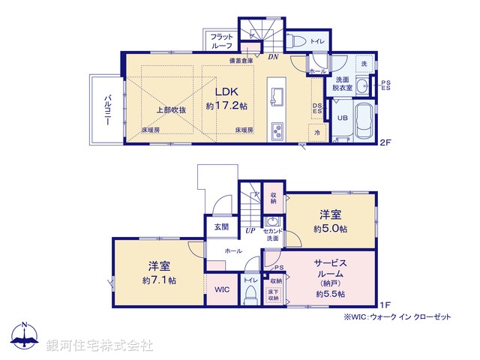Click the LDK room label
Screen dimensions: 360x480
[226, 91]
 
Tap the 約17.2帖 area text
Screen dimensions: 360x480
[226, 106]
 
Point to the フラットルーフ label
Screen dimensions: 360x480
[221, 40]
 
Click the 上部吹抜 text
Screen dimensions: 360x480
[170, 110]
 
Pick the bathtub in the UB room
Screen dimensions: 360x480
[364, 120]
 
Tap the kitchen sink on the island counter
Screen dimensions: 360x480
[275, 96]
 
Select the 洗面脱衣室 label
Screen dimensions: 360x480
[343, 83]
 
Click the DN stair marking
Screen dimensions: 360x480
[274, 55]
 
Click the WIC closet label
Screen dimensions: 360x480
[221, 289]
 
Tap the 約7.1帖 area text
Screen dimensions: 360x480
[159, 280]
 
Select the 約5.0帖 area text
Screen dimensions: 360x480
[331, 228]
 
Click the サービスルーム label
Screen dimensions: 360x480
[330, 268]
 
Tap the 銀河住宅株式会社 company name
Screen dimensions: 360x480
[99, 345]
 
